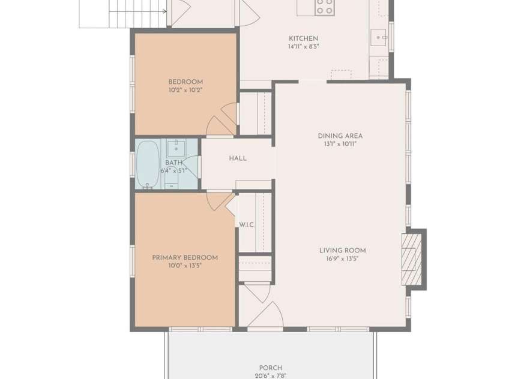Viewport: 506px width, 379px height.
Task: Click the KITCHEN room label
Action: pos(303,38)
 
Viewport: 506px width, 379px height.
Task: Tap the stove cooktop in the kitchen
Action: pos(324,7)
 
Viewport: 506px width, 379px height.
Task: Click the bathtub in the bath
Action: pos(147,164)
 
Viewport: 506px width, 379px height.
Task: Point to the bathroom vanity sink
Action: pos(176,147)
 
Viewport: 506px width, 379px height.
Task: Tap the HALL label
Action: pos(238,158)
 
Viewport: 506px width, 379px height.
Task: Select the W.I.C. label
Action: pos(247,225)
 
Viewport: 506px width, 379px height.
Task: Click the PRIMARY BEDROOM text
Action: pos(185,257)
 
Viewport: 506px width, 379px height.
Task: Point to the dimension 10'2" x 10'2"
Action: pos(185,90)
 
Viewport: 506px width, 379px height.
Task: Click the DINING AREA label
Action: pos(340,136)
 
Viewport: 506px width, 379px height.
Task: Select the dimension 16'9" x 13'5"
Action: pos(342,259)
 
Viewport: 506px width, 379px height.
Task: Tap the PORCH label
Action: pos(271,368)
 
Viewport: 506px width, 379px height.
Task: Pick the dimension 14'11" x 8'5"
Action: pos(303,46)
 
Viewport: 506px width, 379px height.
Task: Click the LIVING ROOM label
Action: pos(342,251)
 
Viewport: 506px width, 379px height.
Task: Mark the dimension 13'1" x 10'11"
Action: pos(340,144)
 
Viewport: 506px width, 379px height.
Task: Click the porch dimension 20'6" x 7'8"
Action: pos(271,375)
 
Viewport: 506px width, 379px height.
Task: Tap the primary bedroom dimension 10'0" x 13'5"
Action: pos(185,265)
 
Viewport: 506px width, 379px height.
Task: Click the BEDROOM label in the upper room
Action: pos(185,82)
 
